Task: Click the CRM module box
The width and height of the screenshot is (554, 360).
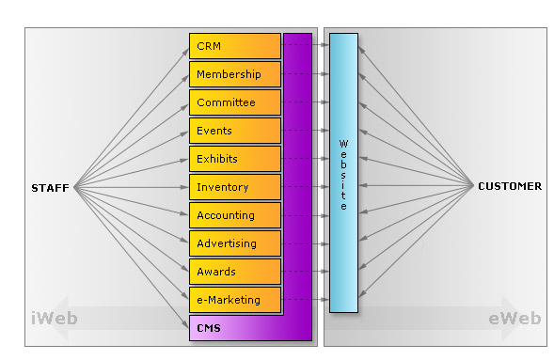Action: (235, 46)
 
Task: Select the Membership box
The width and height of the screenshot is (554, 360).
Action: (235, 74)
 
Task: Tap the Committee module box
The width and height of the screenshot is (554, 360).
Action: (235, 102)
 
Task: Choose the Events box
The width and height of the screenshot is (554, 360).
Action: (235, 131)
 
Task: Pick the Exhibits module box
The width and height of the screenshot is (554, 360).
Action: (235, 159)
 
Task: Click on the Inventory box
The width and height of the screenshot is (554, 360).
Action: (235, 187)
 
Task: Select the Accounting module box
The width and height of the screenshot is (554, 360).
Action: (235, 215)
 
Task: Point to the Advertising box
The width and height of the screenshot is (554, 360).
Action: (235, 243)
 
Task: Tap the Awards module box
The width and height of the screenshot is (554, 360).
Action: (235, 272)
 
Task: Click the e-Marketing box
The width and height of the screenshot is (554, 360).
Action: (235, 300)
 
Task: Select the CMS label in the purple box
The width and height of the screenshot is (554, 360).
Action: (210, 327)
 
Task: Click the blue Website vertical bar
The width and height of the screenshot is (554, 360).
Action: (343, 173)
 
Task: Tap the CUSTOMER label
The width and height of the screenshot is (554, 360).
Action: (510, 186)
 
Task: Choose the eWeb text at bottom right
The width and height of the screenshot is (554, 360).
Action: (514, 319)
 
